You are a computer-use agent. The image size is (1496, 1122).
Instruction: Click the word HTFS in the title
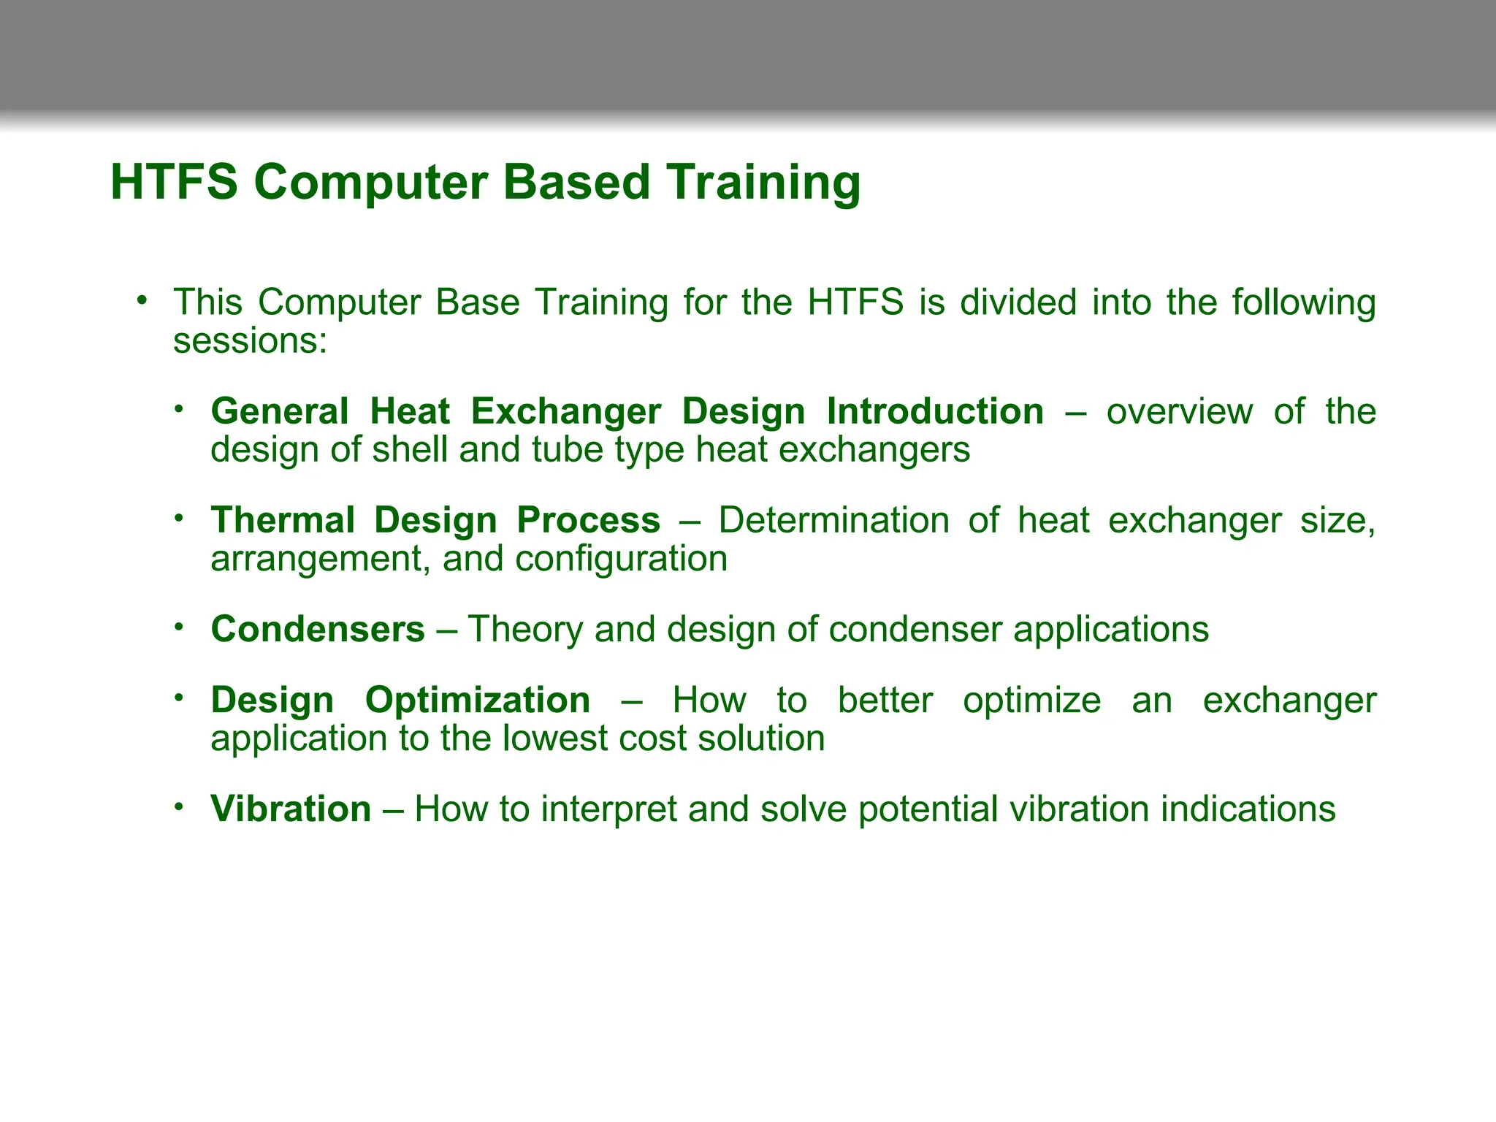tap(174, 182)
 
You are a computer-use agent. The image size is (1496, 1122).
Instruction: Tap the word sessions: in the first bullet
tap(250, 341)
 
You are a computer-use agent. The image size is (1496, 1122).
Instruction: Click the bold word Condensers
tap(318, 630)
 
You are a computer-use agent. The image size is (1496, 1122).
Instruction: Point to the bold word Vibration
tap(291, 809)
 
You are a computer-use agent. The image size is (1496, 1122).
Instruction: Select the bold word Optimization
tap(478, 701)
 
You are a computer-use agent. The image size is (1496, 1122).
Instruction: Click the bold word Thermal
tap(283, 521)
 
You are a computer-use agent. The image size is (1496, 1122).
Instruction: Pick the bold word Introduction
tap(935, 412)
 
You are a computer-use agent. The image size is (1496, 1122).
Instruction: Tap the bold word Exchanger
tap(565, 412)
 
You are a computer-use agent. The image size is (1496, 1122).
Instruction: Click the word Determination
tap(833, 521)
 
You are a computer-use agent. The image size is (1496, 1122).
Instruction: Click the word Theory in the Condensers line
tap(524, 630)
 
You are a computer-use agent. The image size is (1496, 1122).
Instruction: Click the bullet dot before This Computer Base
tap(142, 300)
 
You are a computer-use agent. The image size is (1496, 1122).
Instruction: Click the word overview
tap(1179, 412)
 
